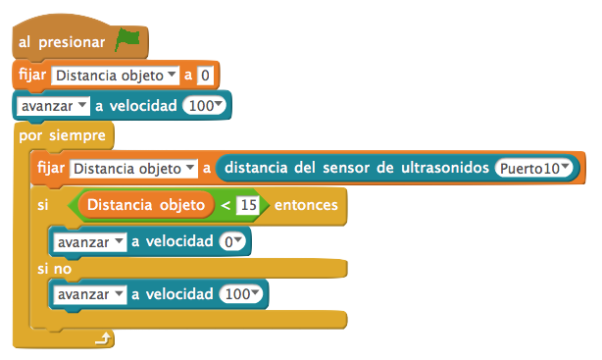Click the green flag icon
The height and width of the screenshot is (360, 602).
coord(127,40)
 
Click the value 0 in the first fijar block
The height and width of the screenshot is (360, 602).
coord(205,75)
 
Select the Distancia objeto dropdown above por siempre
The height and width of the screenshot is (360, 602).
coord(116,75)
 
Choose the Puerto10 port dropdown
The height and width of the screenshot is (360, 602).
coord(534,169)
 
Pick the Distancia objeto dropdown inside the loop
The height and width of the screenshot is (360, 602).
coord(135,169)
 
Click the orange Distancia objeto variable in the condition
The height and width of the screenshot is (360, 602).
coord(146,205)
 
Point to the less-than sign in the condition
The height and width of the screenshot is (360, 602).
coord(226,205)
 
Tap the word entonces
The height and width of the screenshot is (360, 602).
coord(306,205)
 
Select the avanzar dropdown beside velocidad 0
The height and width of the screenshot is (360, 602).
coord(89,240)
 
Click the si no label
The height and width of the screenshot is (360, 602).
coord(54,268)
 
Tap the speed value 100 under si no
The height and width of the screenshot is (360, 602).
coord(241,294)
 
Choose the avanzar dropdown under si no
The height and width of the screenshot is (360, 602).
coord(89,294)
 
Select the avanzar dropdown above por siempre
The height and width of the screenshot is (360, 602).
coord(52,105)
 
